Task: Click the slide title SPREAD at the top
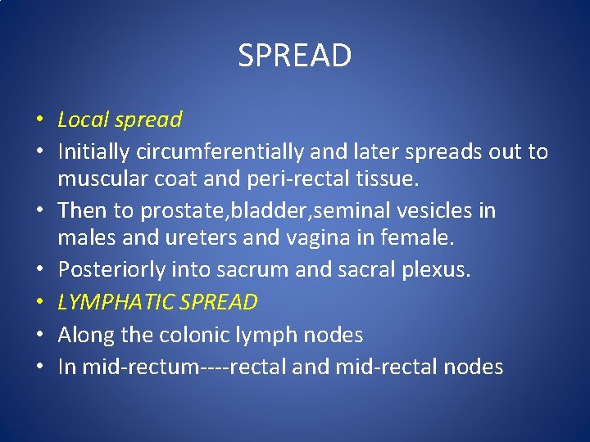click(295, 56)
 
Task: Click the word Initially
click(88, 151)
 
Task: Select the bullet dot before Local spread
click(39, 121)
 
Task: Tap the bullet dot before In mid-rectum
click(39, 368)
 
